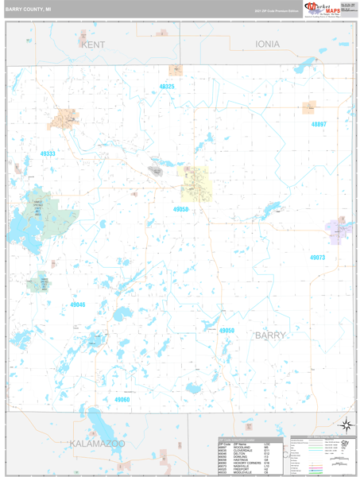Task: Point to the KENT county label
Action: click(93, 45)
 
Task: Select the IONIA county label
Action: click(267, 45)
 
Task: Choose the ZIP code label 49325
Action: click(166, 86)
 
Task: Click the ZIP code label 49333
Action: click(48, 153)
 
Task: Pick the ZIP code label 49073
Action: click(317, 258)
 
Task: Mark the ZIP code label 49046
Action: click(77, 304)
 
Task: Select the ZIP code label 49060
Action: click(122, 399)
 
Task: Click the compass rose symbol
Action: click(345, 425)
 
